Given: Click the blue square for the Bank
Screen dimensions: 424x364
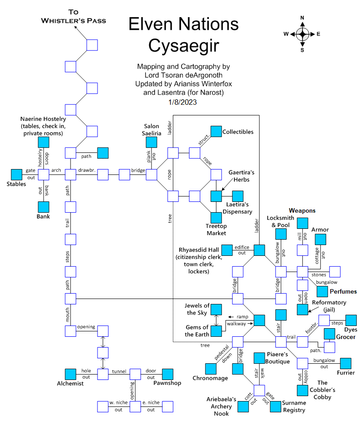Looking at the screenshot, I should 44,207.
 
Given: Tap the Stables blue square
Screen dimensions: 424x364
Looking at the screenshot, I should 17,174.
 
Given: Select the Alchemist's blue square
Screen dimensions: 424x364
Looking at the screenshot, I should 71,374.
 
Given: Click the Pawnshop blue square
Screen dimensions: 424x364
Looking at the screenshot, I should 168,374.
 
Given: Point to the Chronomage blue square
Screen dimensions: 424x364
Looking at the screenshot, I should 211,369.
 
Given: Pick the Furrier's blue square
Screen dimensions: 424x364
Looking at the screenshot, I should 346,363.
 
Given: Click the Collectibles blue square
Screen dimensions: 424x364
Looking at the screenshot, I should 216,131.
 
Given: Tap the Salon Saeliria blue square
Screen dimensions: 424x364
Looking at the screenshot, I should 151,142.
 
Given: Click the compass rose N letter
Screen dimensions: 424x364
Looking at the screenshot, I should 302,18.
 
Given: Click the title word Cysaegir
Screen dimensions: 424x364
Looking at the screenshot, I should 183,45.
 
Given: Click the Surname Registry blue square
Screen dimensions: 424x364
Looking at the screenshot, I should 275,406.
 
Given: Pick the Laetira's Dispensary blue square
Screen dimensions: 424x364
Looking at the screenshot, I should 238,196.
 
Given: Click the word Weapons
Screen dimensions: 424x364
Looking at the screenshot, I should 302,210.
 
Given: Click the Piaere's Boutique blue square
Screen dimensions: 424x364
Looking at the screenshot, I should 259,358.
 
